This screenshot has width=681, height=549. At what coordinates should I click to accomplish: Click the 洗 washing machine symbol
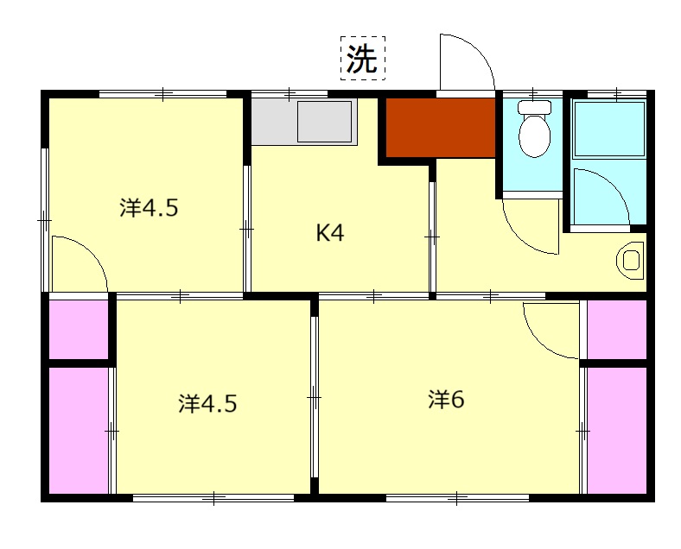point(363,58)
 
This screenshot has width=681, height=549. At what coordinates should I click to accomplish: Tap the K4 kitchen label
point(330,233)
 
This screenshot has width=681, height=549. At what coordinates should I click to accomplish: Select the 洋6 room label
point(446,400)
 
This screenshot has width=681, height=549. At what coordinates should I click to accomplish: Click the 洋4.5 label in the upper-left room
point(149,208)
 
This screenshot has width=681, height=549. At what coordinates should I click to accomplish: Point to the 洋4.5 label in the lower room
point(207,404)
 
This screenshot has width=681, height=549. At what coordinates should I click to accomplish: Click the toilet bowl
point(535,136)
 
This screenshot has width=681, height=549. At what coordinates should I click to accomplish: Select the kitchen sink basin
point(324,122)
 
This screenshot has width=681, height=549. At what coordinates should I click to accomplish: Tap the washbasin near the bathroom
point(630,261)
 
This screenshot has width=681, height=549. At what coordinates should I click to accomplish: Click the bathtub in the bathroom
point(609,129)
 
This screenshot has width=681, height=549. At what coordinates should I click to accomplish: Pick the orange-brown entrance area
point(441,128)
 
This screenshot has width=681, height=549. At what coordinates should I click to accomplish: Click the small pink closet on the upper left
point(78,329)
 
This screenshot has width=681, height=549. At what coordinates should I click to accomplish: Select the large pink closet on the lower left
point(79,431)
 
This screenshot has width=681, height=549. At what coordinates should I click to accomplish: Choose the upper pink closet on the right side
point(617,329)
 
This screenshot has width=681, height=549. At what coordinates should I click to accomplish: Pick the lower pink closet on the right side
point(617,431)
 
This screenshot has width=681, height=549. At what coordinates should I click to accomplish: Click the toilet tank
point(535,107)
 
